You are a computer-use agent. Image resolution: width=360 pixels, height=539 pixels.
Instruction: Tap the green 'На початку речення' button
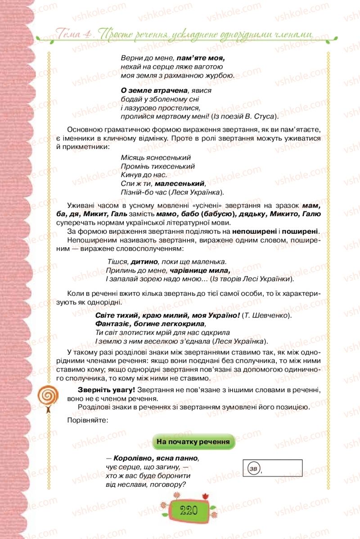194,442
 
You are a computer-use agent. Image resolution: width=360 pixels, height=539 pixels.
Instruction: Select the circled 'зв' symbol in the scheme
253,469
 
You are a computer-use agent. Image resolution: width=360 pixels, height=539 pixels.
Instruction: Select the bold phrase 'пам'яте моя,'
200,58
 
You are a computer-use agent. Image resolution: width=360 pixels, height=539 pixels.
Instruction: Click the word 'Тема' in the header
68,32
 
